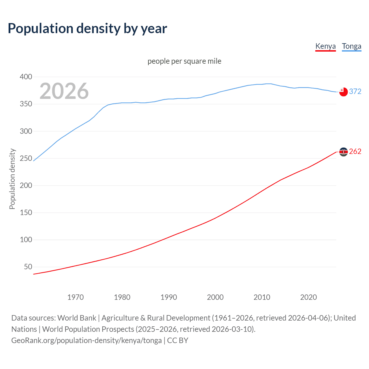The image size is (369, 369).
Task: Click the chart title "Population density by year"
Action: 87,29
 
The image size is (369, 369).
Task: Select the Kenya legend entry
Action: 325,46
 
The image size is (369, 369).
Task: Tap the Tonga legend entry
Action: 351,46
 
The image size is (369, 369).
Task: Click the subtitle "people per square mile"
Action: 184,61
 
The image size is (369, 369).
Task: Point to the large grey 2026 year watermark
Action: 64,91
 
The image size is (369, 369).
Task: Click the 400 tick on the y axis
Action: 26,77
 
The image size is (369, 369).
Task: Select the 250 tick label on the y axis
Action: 26,158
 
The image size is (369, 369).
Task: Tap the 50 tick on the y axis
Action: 28,267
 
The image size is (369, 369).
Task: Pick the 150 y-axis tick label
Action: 26,213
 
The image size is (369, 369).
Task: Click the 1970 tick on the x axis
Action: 76,297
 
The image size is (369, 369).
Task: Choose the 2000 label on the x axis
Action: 215,297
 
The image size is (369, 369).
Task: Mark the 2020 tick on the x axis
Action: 308,297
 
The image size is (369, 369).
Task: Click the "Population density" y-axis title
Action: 12,179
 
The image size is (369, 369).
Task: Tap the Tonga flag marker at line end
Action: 343,92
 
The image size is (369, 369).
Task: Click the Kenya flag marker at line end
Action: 343,152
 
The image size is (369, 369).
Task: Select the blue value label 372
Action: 355,92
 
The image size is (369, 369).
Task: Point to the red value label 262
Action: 355,152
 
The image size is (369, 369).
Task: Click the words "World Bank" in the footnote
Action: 77,318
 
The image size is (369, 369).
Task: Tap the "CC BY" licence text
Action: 178,340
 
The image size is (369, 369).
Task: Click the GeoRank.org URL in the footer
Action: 86,340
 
